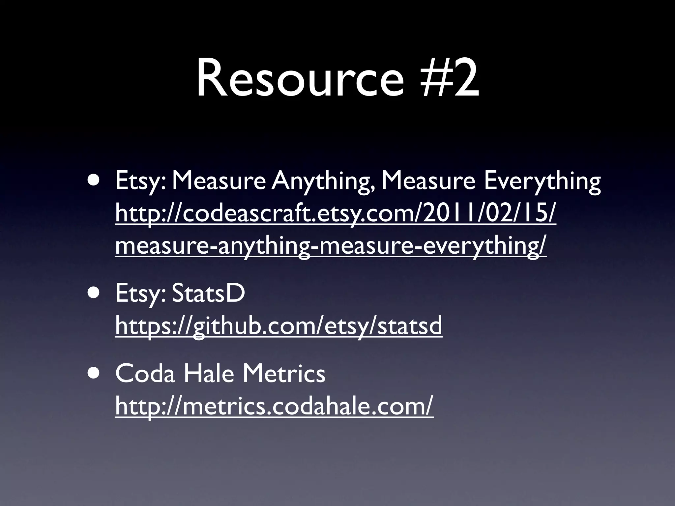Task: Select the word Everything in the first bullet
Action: pyautogui.click(x=542, y=182)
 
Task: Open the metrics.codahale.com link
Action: pyautogui.click(x=274, y=406)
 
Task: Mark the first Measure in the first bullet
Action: pyautogui.click(x=219, y=182)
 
